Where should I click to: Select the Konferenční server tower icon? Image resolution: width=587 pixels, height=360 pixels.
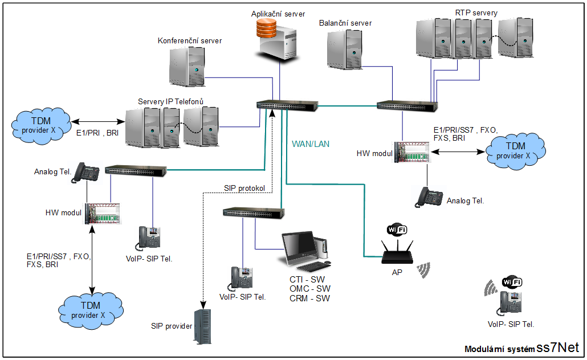[x=187, y=66]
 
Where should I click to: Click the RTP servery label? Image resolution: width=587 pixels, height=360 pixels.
[x=476, y=13]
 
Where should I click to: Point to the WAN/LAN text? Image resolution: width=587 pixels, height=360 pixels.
[x=310, y=144]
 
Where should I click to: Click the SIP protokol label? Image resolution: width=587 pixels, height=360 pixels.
[x=245, y=189]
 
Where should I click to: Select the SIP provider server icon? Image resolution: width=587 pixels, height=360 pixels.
[x=202, y=327]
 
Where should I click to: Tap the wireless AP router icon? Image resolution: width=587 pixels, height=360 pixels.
[x=397, y=253]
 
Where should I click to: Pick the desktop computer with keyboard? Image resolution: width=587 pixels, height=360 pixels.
[x=305, y=251]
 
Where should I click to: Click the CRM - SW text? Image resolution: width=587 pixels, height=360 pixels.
[x=309, y=298]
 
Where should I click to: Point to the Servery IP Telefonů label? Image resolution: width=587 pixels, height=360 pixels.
[x=170, y=101]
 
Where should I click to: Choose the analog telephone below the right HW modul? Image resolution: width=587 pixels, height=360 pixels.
[x=430, y=197]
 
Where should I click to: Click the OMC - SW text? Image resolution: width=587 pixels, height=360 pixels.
[x=309, y=289]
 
